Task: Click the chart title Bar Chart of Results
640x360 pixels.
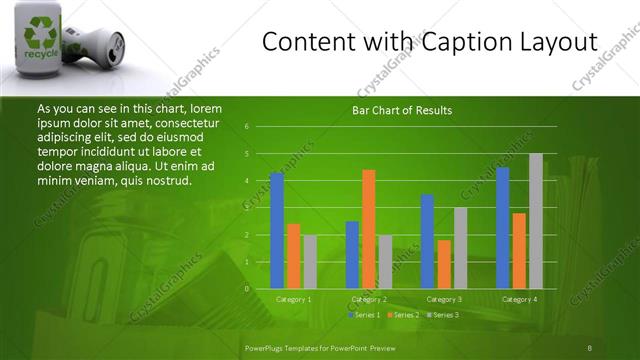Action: [401, 110]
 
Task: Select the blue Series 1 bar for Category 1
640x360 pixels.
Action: [277, 230]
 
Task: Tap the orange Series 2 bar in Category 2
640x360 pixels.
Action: [368, 228]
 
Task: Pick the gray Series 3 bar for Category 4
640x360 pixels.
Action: [536, 220]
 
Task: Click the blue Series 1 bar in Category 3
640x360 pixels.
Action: [427, 241]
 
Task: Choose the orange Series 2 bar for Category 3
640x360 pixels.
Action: [444, 264]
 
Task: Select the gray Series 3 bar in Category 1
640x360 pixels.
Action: [310, 261]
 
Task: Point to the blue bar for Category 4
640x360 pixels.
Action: [502, 227]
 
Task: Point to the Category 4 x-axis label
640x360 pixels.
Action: [519, 299]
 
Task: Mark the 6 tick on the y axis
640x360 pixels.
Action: [246, 127]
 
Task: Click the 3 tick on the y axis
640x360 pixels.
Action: [246, 208]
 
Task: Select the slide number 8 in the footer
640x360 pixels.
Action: [590, 347]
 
